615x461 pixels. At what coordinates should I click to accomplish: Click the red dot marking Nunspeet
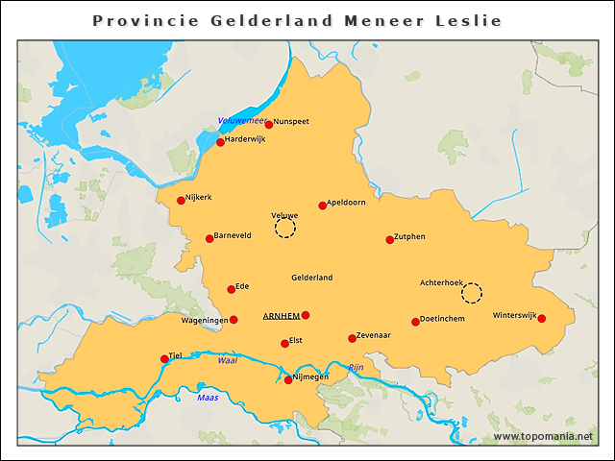(269, 124)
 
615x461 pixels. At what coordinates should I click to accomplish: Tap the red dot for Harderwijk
(220, 142)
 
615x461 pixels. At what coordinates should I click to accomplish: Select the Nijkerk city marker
(181, 200)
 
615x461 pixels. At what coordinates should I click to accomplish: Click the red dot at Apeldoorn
(322, 206)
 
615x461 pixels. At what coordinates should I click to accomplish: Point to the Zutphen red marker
(390, 239)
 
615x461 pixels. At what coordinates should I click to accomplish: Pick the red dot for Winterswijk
(541, 319)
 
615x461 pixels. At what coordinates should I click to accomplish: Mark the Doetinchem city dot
(415, 322)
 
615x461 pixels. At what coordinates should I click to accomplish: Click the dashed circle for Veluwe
(285, 228)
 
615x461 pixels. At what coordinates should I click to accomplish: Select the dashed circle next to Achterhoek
(472, 293)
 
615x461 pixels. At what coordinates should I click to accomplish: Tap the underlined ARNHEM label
(280, 316)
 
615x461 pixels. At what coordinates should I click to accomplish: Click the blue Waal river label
(227, 361)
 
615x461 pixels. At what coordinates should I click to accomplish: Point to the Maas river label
(208, 397)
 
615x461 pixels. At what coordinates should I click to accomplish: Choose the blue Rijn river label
(356, 368)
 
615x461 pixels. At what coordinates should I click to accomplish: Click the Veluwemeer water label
(240, 120)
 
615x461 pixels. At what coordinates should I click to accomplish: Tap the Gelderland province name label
(311, 278)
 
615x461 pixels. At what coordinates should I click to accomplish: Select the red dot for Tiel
(164, 359)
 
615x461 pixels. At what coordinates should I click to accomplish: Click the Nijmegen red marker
(288, 380)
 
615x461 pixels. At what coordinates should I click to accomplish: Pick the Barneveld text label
(234, 233)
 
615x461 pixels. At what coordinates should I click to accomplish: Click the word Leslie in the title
(467, 20)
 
